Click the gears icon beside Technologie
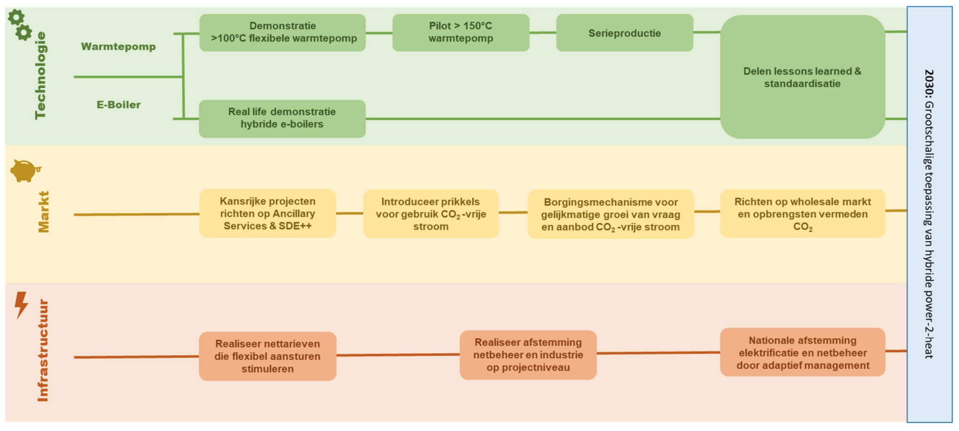coord(20,25)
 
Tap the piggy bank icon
coord(25,170)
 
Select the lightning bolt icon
coord(21,305)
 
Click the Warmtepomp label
coord(118,47)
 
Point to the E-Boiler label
coord(118,105)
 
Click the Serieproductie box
coord(624,33)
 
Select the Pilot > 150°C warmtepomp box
coord(461,33)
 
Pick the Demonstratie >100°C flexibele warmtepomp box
coord(282,33)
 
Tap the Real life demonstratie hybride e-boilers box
coord(282,118)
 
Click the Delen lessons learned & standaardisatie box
coord(802,77)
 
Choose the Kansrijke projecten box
coord(267,213)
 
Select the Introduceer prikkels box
coord(431,214)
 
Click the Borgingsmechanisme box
coord(611,214)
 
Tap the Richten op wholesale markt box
coord(802,214)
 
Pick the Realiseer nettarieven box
coord(267,356)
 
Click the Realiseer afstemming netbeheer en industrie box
coord(528,355)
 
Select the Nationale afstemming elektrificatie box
coord(802,352)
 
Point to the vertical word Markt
coord(44,212)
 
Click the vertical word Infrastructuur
coord(43,351)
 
